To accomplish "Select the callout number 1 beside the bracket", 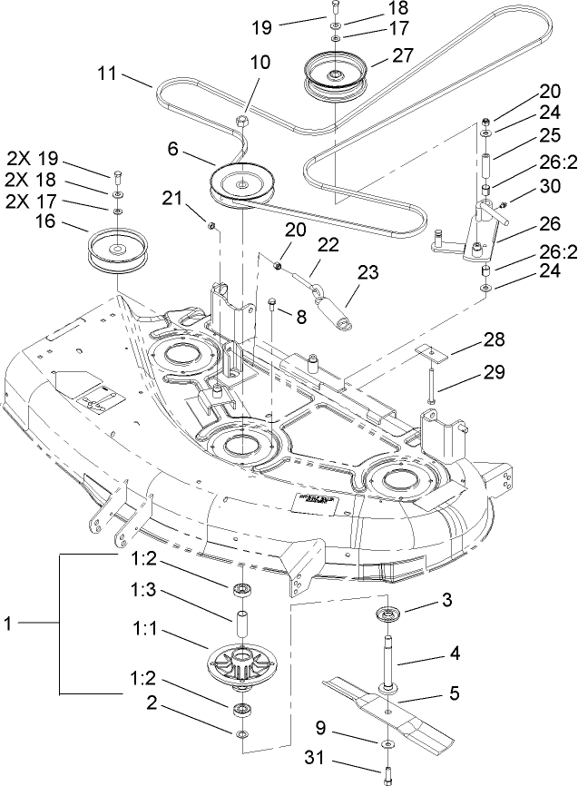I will point(8,624).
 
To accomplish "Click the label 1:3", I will point(142,614).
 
